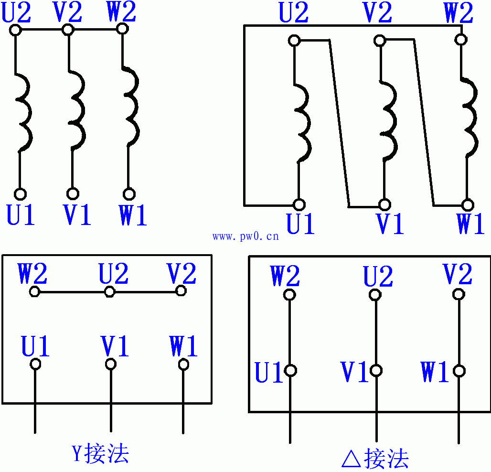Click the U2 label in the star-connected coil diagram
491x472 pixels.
(17, 13)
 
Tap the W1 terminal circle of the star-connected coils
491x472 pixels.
(128, 194)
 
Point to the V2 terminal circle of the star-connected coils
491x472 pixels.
(68, 30)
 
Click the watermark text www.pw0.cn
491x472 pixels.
(245, 236)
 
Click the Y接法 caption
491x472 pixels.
(100, 454)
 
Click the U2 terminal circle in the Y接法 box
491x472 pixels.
(109, 291)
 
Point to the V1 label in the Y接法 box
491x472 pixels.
(115, 346)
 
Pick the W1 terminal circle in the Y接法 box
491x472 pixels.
(183, 365)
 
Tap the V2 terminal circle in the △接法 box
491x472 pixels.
(459, 294)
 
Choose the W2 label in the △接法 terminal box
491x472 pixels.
(285, 276)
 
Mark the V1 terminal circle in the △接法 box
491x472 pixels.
(376, 370)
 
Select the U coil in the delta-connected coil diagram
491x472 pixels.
(302, 124)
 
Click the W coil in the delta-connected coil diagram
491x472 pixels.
(469, 117)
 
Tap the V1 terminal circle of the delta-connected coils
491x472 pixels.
(384, 205)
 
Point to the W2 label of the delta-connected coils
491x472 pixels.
(459, 13)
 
